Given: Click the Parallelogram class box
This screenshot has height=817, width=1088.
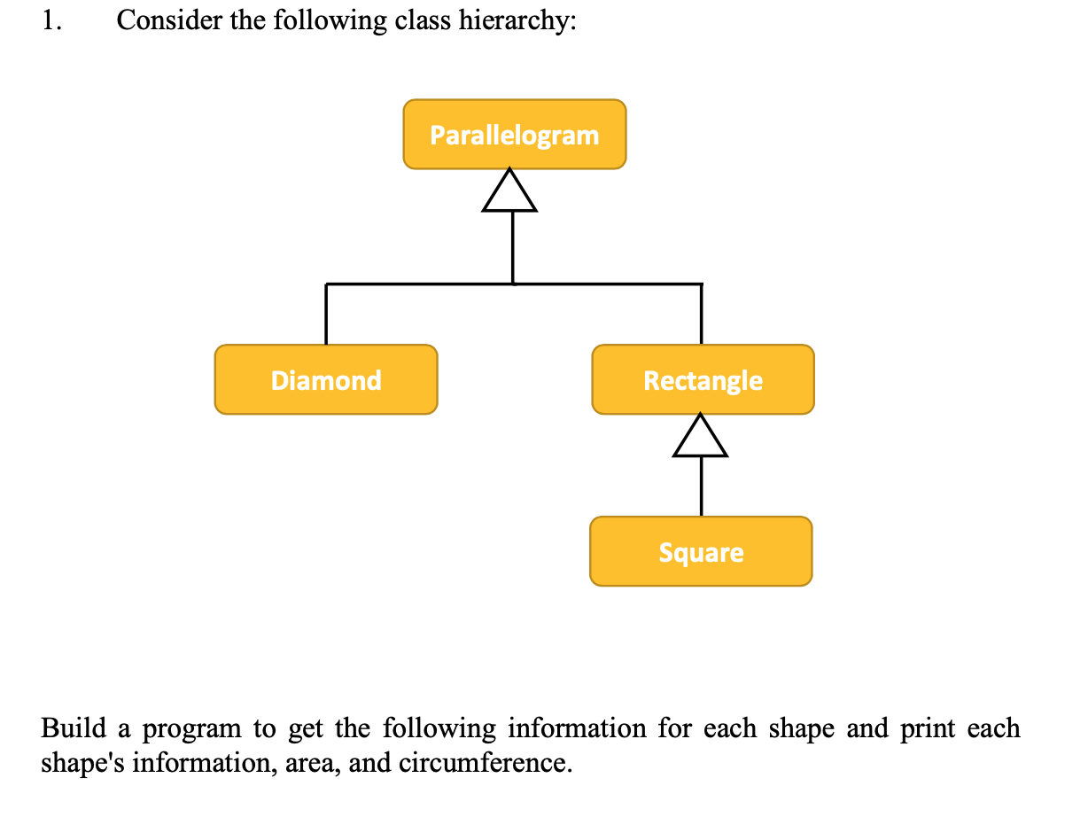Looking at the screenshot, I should (514, 134).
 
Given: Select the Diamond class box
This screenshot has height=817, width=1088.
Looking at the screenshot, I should (325, 379).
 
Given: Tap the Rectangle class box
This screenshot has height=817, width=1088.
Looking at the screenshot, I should (703, 379).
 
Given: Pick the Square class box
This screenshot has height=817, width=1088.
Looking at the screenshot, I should (701, 551).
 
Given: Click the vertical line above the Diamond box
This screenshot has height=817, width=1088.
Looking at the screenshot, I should (326, 315).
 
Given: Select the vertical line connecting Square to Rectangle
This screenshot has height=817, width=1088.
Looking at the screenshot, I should (701, 486).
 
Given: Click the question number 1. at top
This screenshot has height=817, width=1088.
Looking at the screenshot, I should (51, 21).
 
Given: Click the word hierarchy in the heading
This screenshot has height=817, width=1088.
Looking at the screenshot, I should (517, 21).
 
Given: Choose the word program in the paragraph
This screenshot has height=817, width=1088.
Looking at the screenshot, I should (192, 730).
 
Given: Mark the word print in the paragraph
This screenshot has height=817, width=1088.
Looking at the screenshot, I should (927, 729).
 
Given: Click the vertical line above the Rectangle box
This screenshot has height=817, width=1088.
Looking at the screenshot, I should (702, 315).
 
